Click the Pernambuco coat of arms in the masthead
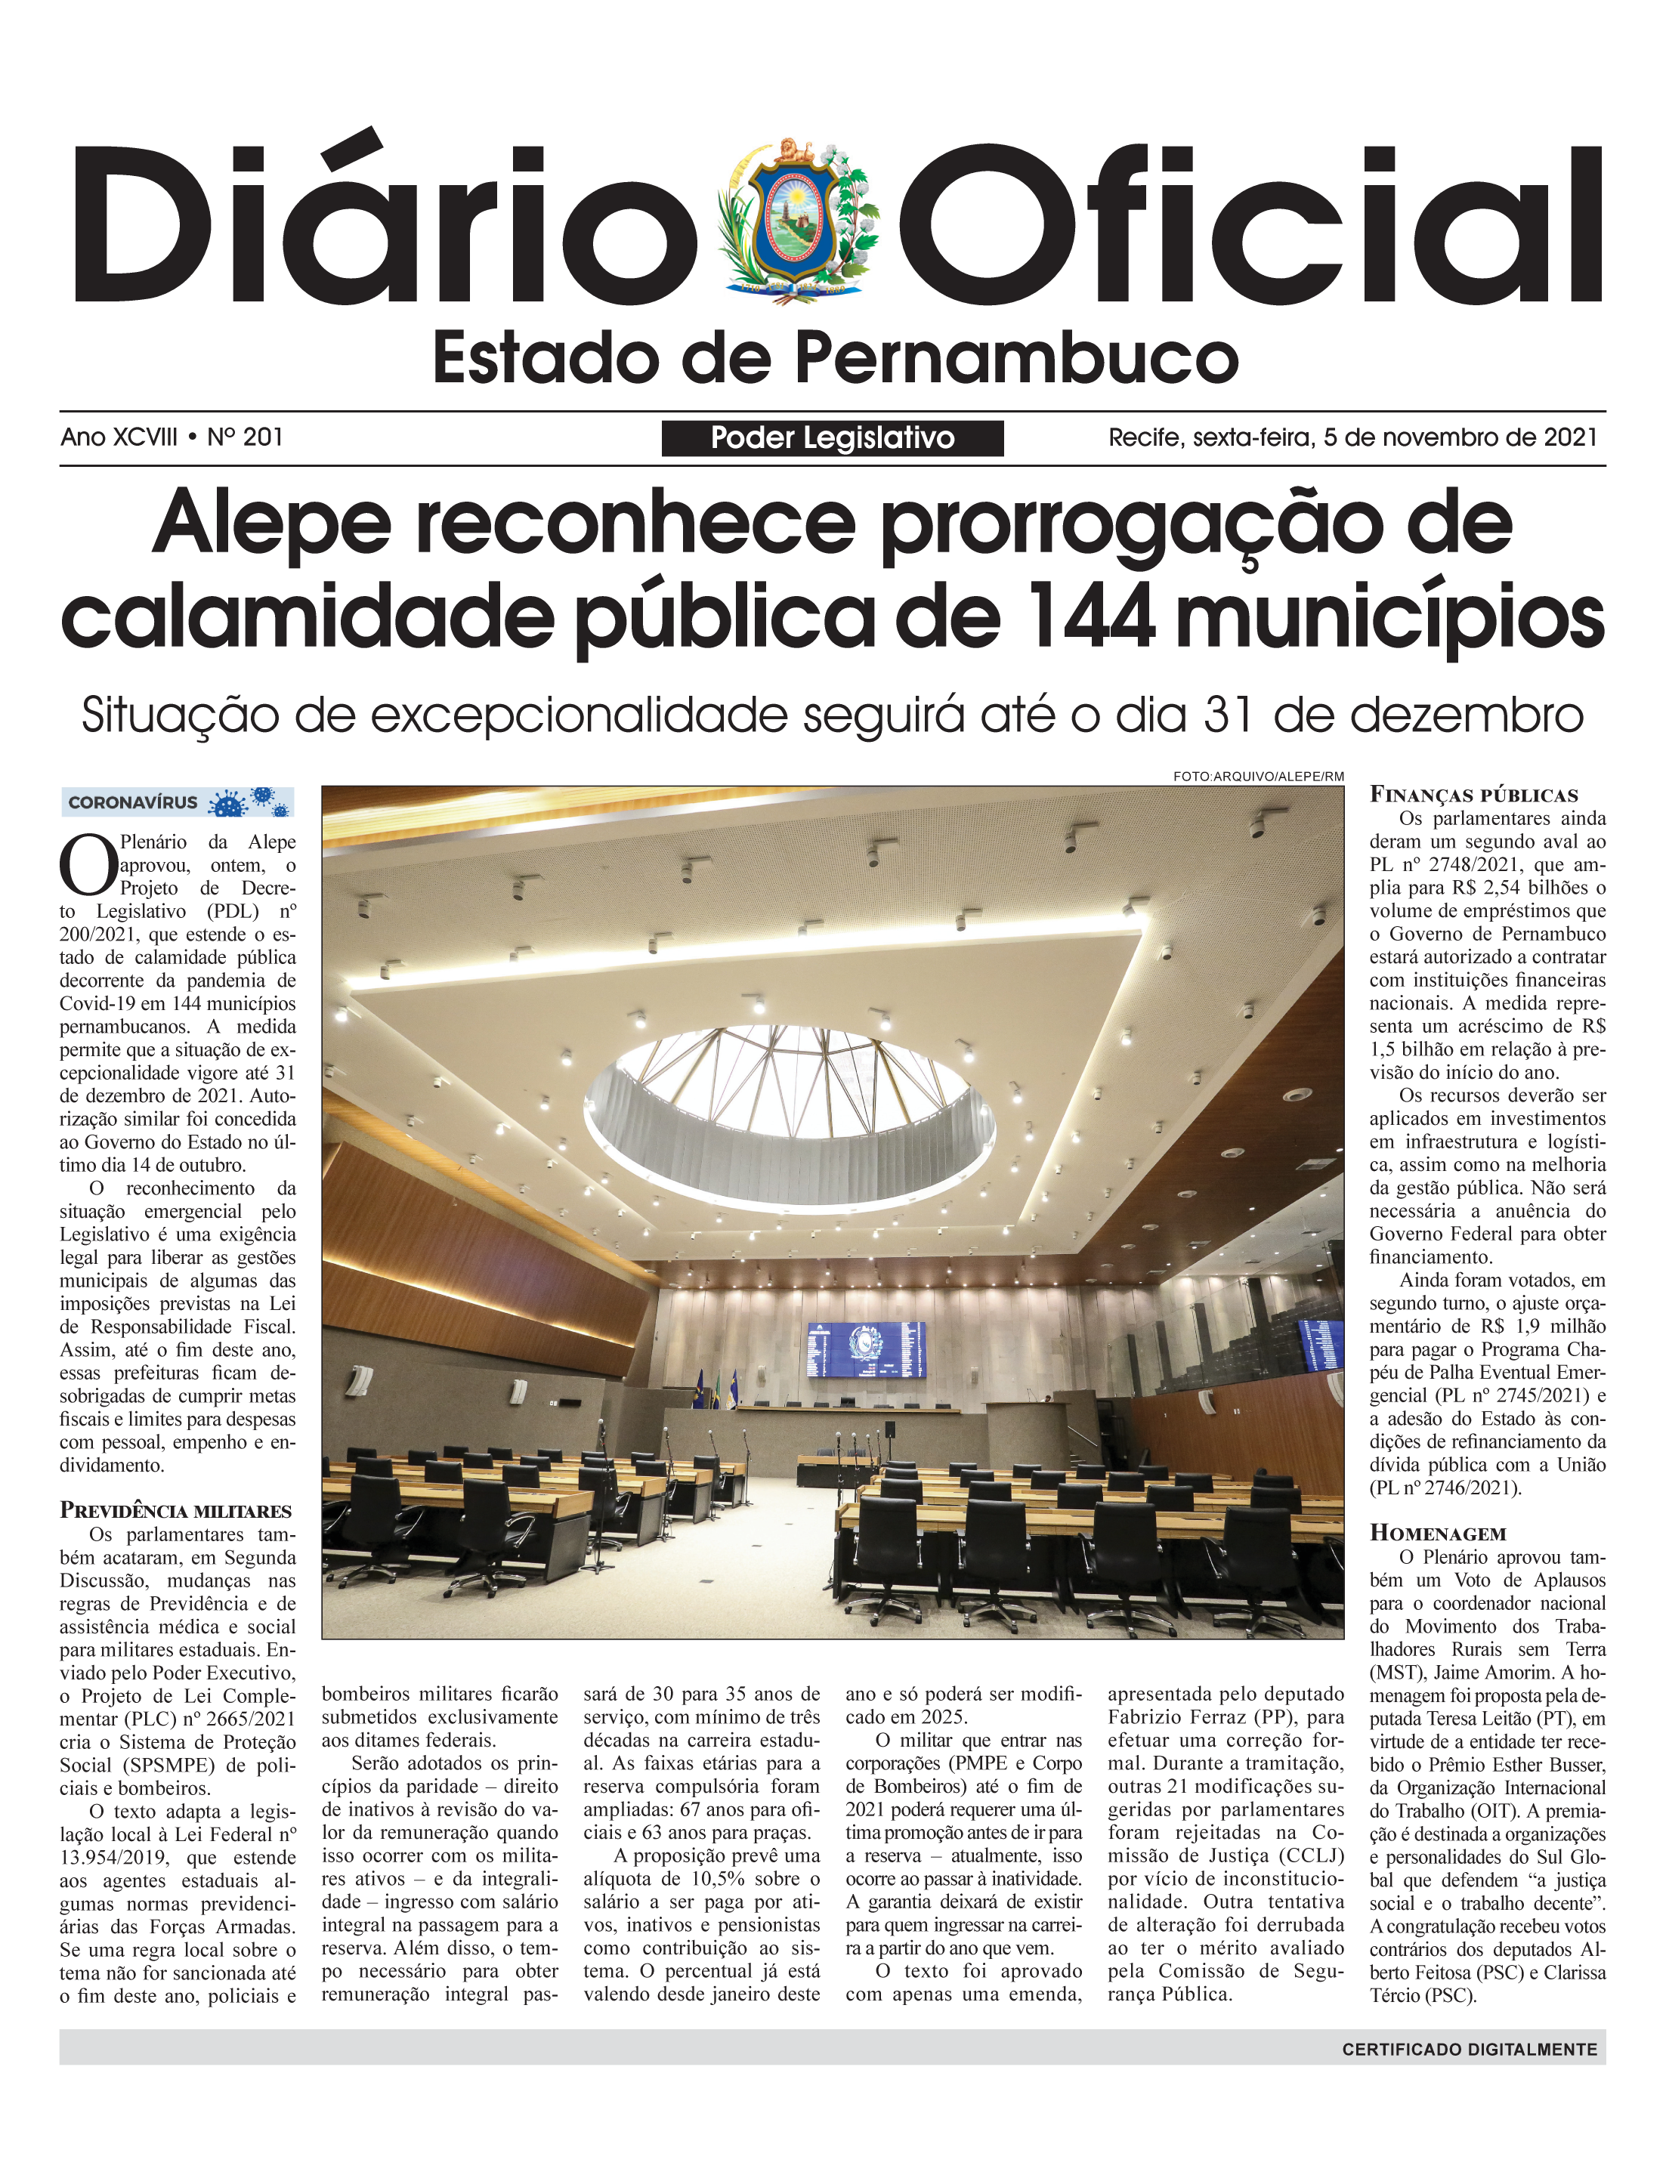pos(799,220)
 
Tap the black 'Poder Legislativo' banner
pos(832,438)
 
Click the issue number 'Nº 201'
pos(245,437)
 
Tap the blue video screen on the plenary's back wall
pos(866,1349)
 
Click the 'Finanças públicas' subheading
pos(1473,795)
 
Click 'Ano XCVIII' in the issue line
pos(119,437)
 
